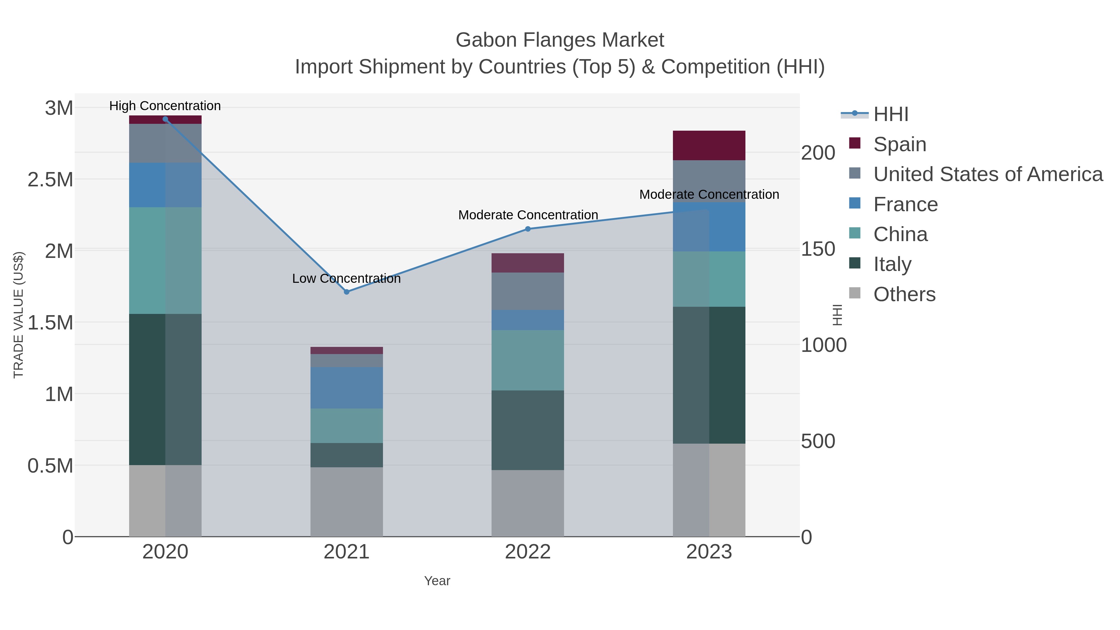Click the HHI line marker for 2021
(x=347, y=292)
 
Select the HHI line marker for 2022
(x=528, y=229)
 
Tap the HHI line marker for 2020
(x=165, y=119)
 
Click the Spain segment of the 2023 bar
(x=709, y=146)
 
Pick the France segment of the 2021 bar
(x=347, y=387)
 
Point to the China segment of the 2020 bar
(x=165, y=260)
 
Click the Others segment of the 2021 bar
(x=347, y=502)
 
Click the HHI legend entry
(x=890, y=114)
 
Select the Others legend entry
(x=904, y=294)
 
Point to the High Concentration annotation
(x=165, y=106)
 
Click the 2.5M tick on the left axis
(x=50, y=180)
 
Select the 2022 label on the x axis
(x=528, y=552)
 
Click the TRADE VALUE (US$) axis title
(x=19, y=315)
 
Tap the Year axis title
(x=437, y=581)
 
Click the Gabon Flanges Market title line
(x=560, y=40)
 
